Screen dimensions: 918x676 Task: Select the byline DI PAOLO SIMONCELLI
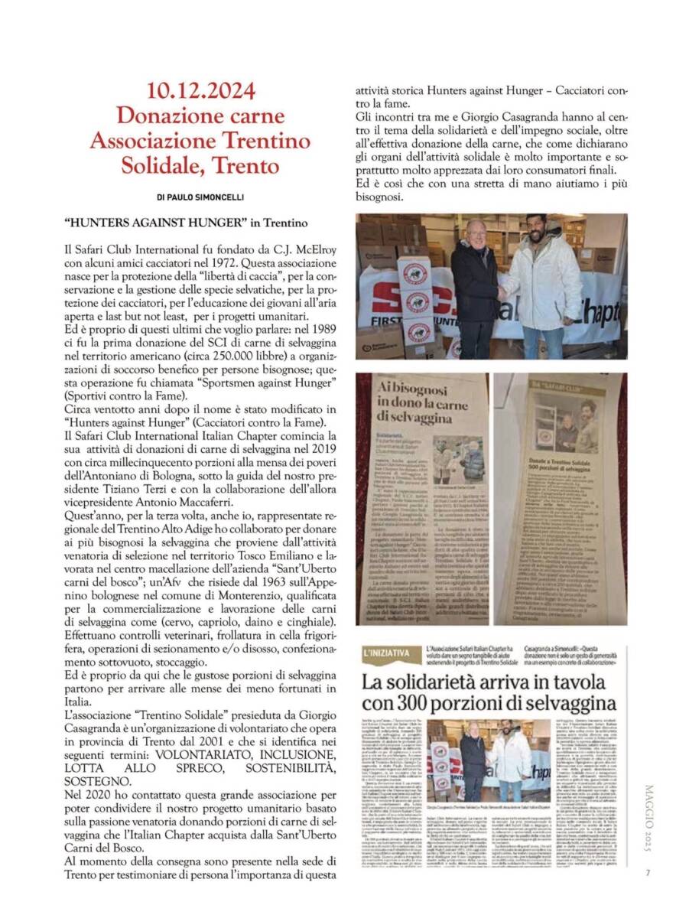[x=200, y=197]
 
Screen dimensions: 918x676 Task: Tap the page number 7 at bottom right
[x=647, y=875]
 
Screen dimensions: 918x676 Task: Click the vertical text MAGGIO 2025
[x=647, y=823]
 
